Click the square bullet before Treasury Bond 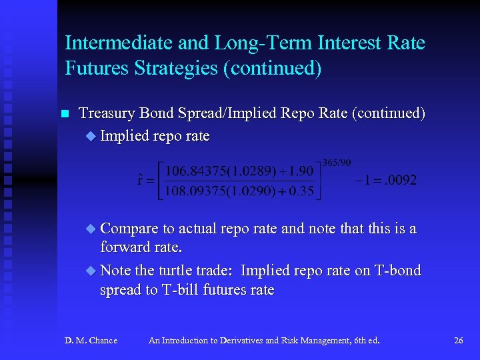(65, 115)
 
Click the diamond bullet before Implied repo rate (91, 137)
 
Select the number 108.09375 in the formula (193, 193)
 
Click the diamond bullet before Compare (91, 229)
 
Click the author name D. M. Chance (91, 341)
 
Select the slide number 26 (458, 341)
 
